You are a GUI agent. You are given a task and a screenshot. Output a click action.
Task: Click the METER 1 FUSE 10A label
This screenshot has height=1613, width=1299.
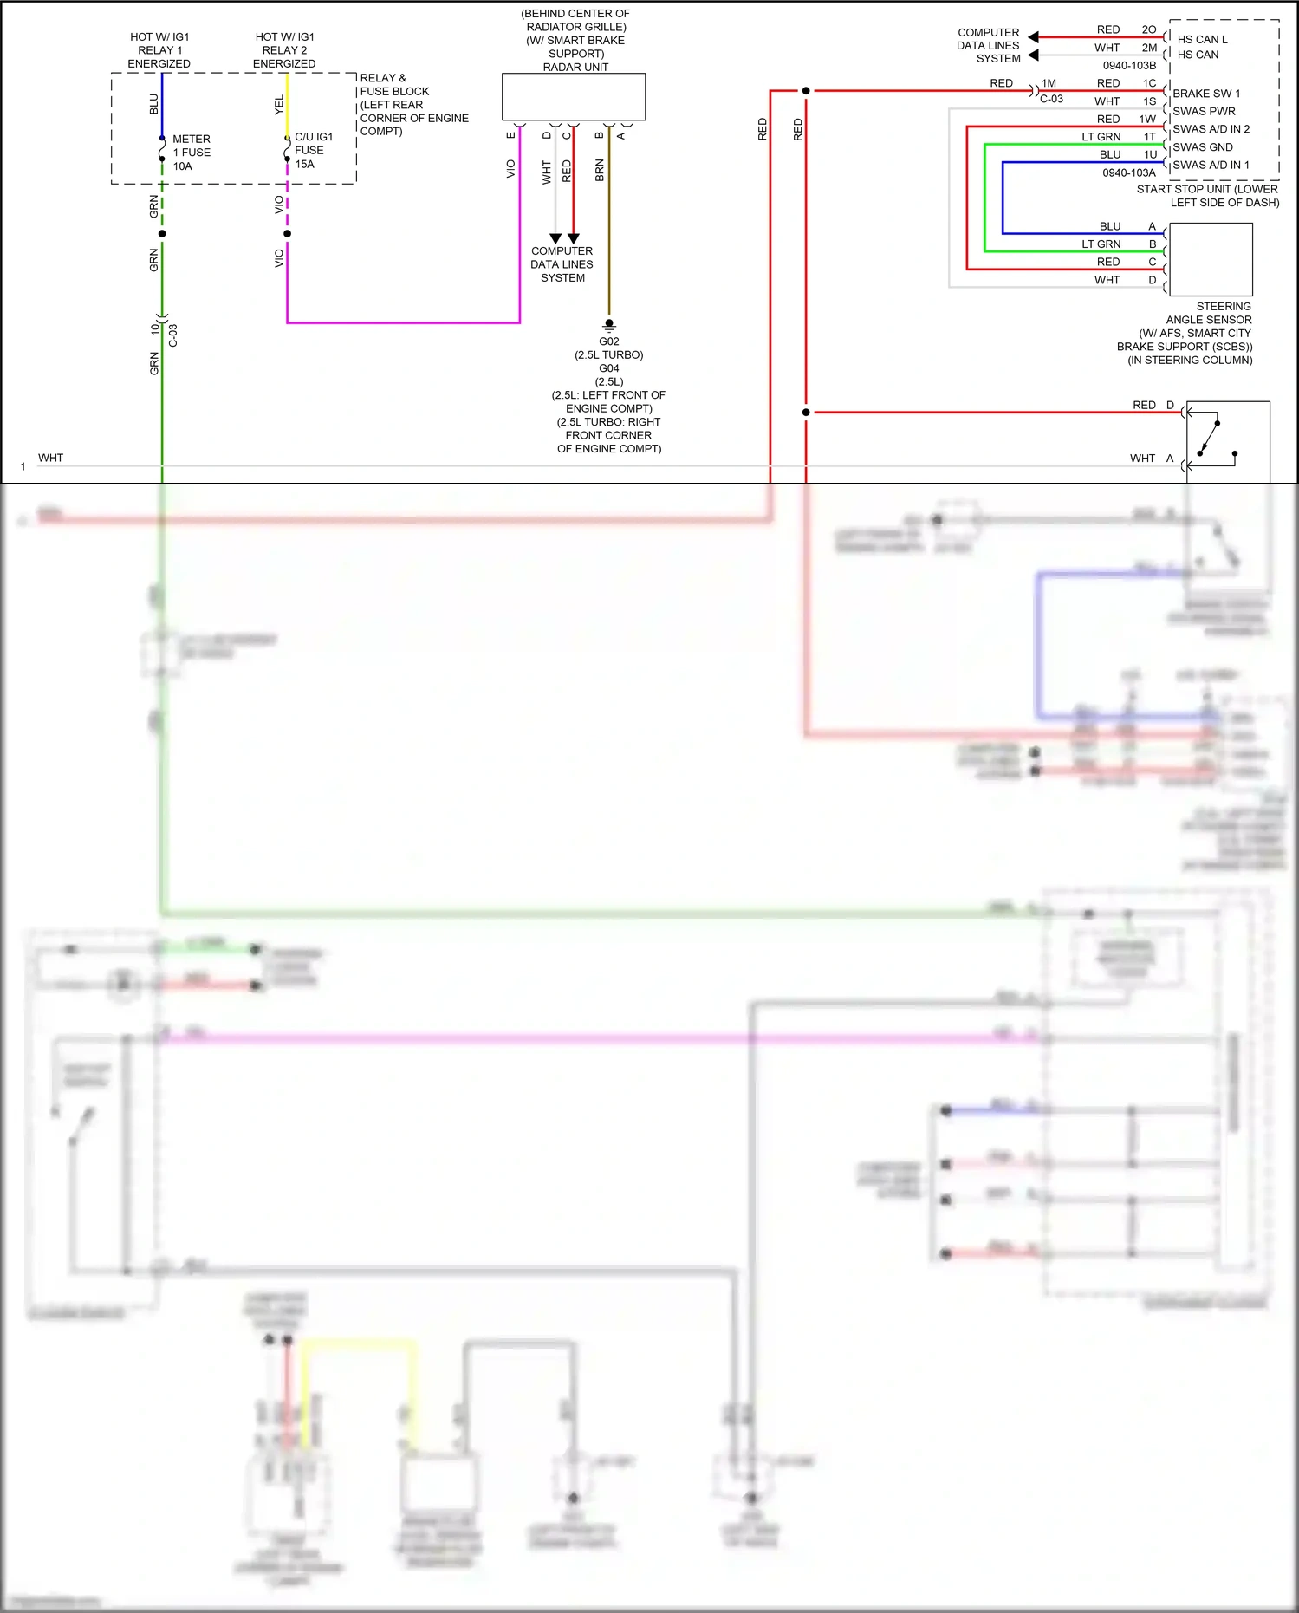tap(191, 153)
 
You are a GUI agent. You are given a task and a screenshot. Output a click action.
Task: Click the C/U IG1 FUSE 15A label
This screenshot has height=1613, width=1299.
tap(313, 150)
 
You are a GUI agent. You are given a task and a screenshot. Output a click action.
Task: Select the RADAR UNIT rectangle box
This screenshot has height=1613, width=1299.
tap(574, 96)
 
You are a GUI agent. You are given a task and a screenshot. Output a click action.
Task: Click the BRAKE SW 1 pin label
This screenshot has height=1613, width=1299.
tap(1205, 94)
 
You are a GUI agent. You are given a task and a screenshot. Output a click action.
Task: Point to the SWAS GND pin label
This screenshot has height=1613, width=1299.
tap(1202, 147)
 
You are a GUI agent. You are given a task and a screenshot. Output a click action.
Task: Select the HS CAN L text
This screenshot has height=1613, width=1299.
tap(1202, 40)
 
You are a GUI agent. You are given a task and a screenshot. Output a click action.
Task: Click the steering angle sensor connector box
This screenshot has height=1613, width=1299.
tap(1210, 259)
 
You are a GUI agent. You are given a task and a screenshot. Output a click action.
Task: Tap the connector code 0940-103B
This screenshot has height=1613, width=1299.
tap(1128, 66)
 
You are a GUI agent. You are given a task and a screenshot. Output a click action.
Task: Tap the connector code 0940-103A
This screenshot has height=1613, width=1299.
tap(1128, 172)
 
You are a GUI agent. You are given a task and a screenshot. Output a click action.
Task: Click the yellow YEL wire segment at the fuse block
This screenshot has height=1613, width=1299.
tap(288, 104)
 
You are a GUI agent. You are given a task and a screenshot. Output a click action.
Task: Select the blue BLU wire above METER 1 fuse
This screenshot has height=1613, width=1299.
tap(162, 104)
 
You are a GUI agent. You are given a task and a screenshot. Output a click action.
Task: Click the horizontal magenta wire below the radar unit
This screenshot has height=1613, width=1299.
tap(403, 322)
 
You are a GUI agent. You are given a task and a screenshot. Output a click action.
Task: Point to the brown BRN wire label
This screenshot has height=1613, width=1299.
tap(600, 170)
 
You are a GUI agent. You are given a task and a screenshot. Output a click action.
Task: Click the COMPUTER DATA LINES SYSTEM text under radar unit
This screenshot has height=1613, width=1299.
tap(562, 264)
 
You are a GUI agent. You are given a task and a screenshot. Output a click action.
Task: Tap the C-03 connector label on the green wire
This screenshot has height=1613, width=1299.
tap(173, 336)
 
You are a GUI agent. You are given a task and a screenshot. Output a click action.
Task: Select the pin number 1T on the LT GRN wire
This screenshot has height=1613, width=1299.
tap(1149, 137)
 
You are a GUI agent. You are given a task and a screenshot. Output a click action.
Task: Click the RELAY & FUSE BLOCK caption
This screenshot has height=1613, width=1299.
tap(413, 104)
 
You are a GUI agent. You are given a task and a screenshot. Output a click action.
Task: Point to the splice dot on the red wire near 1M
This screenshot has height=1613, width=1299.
tap(806, 90)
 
